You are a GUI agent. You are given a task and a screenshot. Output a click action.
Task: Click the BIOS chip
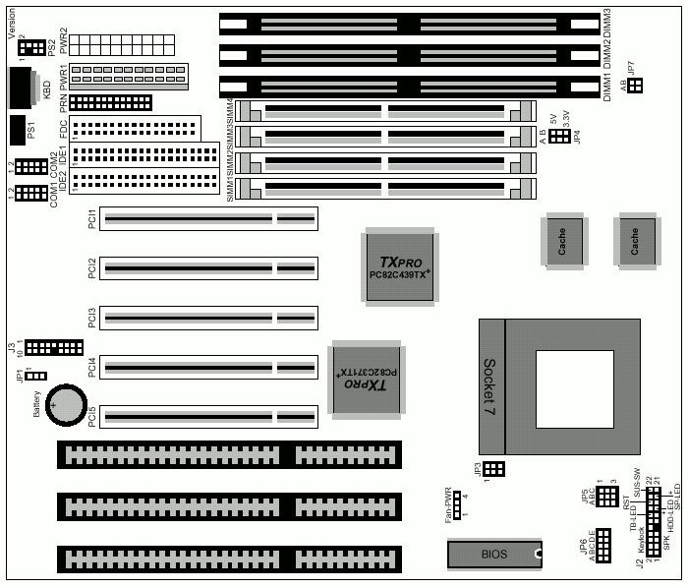(x=494, y=555)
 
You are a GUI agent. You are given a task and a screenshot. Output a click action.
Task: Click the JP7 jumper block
(x=635, y=87)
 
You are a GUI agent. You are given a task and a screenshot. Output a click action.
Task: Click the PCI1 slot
(x=209, y=218)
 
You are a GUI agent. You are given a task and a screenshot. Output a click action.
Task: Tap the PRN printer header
(x=111, y=102)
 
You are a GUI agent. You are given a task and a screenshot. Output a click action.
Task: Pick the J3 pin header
(x=53, y=348)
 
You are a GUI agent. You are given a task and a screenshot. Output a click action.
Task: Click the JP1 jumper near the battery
(x=35, y=376)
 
